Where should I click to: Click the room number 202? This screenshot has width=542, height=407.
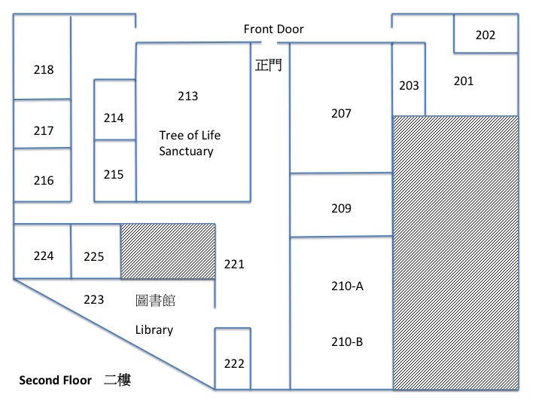coord(486,35)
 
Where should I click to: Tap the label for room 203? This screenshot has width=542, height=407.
coord(409,85)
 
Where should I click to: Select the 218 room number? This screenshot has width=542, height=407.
coord(44,69)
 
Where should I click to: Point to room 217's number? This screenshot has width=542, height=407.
coord(44,130)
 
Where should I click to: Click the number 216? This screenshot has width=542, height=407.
coord(44,180)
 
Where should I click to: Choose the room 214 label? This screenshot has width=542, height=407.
coord(114,118)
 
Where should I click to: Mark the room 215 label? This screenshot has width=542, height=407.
coord(114,174)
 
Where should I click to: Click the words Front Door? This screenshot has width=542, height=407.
coord(273,29)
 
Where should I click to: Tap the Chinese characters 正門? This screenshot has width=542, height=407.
coord(268,65)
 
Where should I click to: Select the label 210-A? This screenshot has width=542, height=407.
coord(347,286)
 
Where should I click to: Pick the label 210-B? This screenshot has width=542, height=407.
coord(347,341)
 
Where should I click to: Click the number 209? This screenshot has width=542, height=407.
coord(341,208)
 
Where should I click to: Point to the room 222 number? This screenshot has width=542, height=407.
coord(234,363)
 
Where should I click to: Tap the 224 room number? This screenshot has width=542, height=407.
coord(44,256)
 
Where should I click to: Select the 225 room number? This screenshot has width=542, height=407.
coord(93,256)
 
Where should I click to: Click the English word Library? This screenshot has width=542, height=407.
coord(154,330)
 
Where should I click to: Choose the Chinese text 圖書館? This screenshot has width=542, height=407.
coord(155,301)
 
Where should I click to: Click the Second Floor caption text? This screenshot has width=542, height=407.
coord(55,380)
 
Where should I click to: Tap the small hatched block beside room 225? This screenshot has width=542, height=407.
coord(168,251)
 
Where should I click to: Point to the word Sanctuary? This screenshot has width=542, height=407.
coord(187,151)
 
